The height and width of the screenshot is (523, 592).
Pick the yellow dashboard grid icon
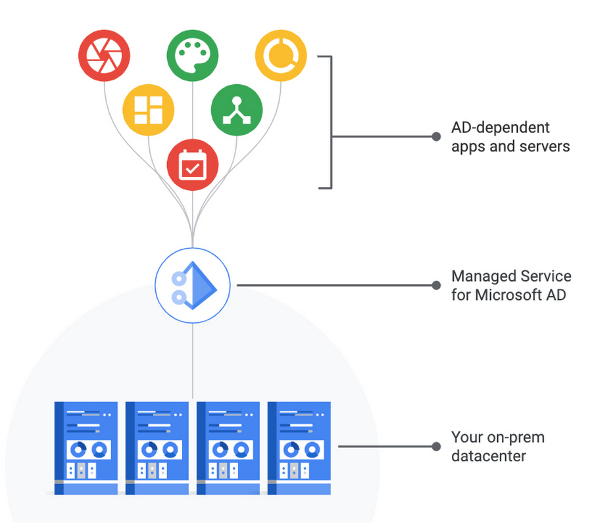coord(148,110)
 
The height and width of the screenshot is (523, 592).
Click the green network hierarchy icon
coord(237,110)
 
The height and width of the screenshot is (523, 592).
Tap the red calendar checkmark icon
coord(192,164)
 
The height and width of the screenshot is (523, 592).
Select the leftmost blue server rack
coord(86,448)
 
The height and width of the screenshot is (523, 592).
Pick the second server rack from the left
coord(157,448)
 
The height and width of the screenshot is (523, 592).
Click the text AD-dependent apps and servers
coord(510,136)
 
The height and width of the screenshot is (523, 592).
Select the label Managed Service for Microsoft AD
coord(511,285)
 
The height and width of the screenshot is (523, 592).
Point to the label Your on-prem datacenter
coord(497,446)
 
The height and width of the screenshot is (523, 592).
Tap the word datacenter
coord(488,455)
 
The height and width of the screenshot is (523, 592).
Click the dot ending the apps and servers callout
coord(435,137)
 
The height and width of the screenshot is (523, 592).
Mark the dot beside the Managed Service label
coord(435,286)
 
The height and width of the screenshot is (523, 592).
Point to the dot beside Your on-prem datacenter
coord(435,446)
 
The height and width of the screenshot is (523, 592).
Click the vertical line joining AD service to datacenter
coord(193,359)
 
